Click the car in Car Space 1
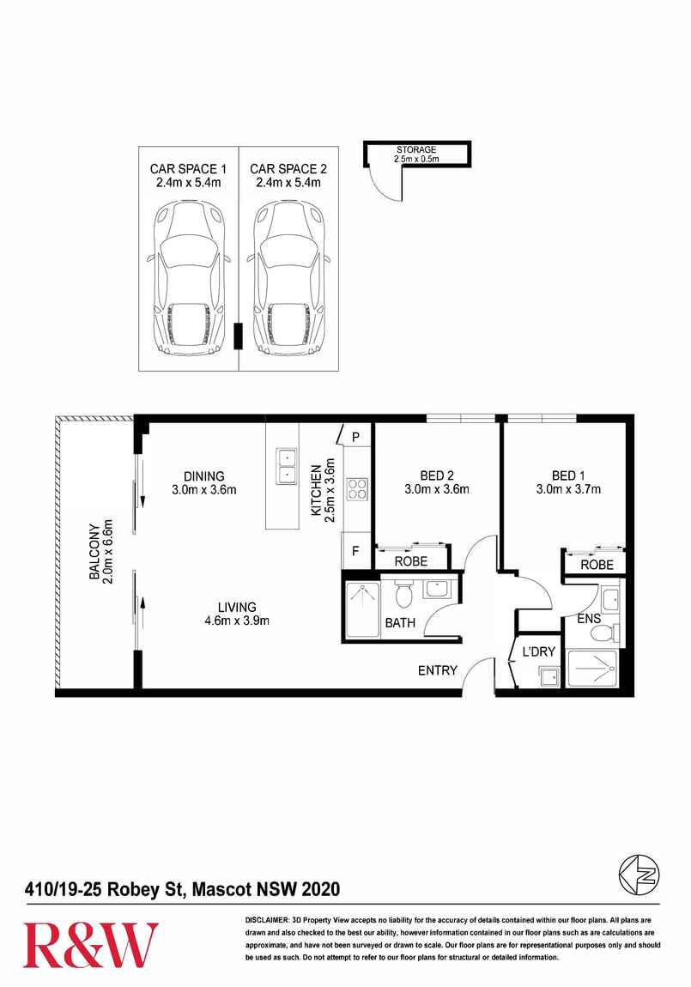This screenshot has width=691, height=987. [x=187, y=277]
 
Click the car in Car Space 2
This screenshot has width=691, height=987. [x=288, y=277]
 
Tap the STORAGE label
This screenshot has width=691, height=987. [x=416, y=150]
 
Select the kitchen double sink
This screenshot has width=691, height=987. [x=286, y=466]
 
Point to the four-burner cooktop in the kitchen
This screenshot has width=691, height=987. [x=357, y=489]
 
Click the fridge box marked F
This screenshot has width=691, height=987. [x=355, y=551]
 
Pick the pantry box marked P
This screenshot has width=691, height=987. [x=355, y=437]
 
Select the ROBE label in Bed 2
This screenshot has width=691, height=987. [x=411, y=560]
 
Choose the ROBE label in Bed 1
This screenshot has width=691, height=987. [x=597, y=565]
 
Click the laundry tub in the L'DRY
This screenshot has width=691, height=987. [x=550, y=677]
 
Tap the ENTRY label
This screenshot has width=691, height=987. [x=438, y=670]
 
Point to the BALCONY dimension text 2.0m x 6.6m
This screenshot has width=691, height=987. [x=107, y=551]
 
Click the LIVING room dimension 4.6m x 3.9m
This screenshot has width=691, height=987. [x=237, y=621]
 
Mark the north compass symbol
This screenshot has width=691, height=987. [x=639, y=875]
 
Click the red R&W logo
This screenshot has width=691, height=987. [x=91, y=944]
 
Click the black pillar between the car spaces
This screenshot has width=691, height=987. [x=238, y=336]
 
